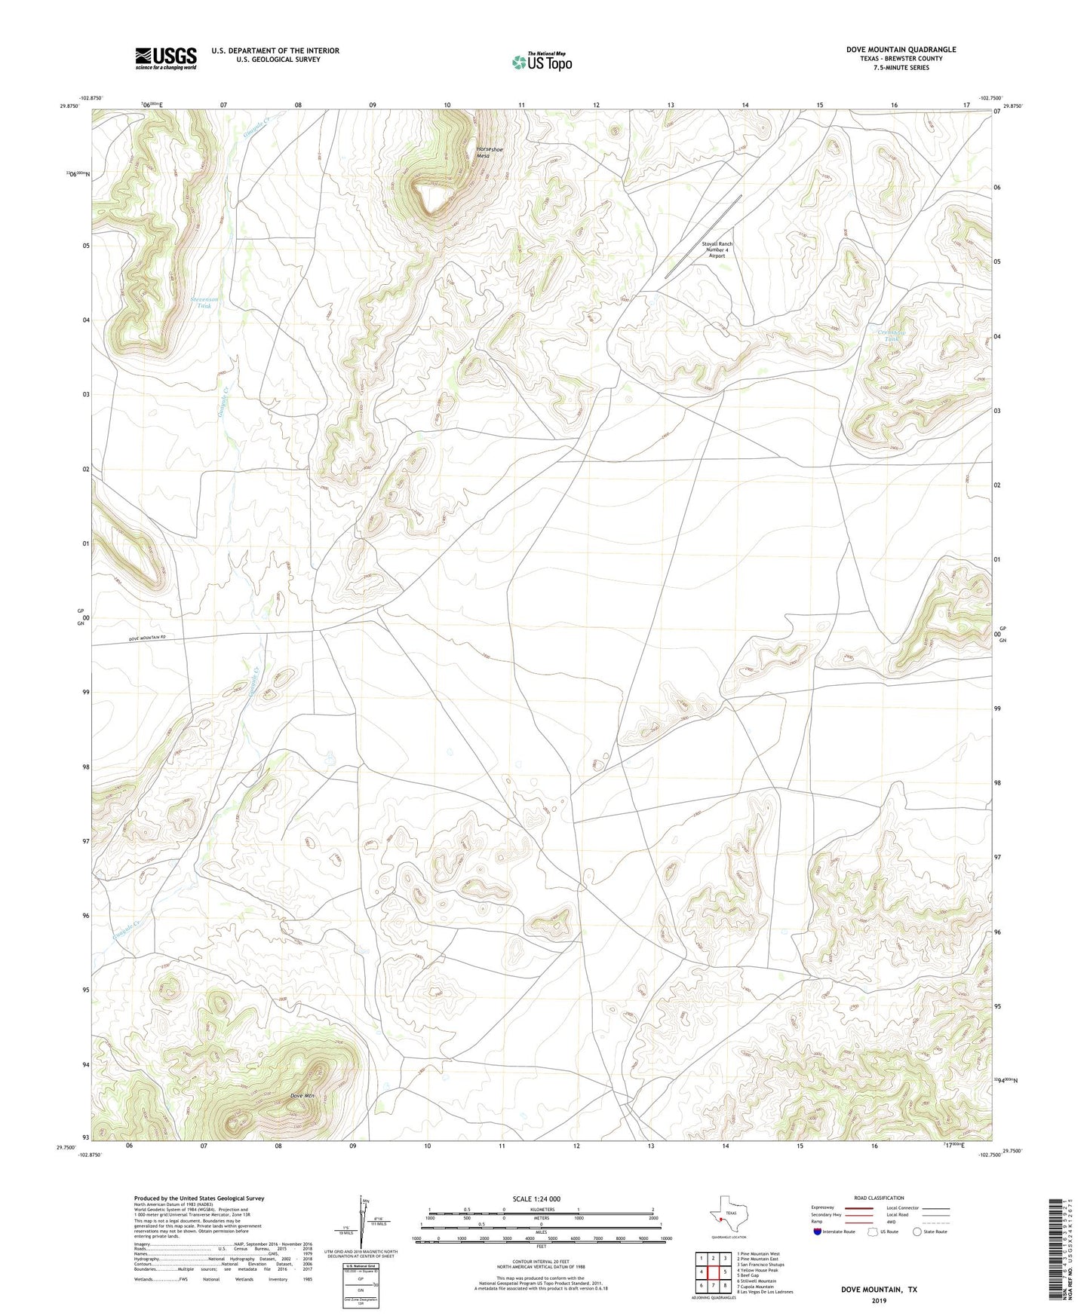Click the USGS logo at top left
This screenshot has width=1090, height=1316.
[166, 58]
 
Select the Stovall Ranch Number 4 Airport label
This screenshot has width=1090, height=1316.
[717, 249]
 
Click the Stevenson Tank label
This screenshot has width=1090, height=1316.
[204, 302]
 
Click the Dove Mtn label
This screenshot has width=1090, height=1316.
[302, 1096]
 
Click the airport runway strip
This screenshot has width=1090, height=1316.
[703, 237]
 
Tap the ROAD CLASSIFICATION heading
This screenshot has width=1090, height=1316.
[879, 1198]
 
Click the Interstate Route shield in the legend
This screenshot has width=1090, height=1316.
[818, 1232]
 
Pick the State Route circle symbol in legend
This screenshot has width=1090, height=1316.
[917, 1232]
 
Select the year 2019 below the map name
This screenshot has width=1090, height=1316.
[879, 1301]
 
